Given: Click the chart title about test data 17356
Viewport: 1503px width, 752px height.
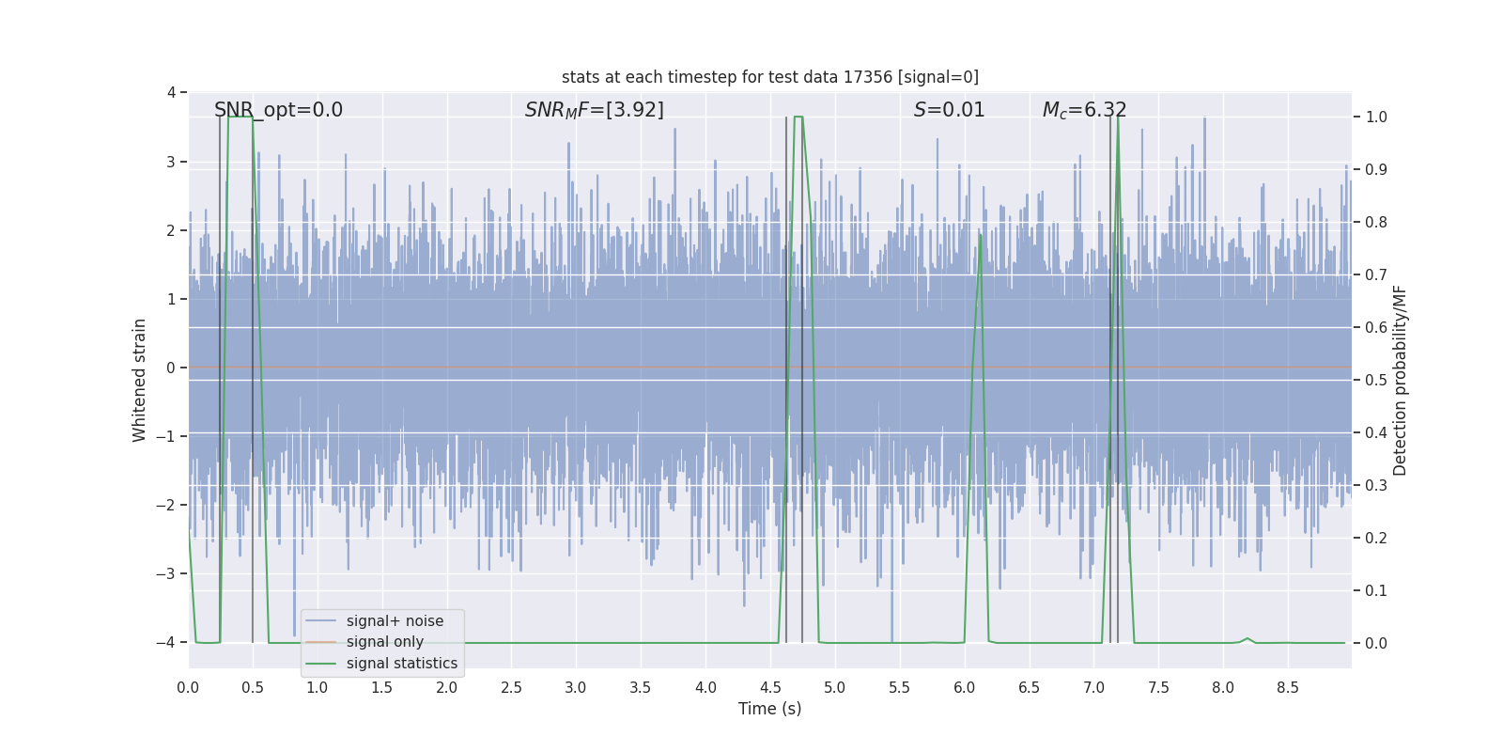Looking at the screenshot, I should pos(769,77).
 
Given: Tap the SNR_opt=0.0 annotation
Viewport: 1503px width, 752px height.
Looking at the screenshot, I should pos(278,110).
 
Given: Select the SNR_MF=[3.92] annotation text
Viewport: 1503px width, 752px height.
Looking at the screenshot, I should pos(594,110).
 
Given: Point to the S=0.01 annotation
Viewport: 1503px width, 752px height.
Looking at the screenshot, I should pos(949,110).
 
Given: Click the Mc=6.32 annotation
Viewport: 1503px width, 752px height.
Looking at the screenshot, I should pos(1084,110).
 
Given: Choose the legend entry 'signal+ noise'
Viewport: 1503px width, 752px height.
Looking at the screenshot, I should pos(395,621).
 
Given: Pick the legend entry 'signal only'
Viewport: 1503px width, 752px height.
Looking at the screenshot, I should pos(384,642).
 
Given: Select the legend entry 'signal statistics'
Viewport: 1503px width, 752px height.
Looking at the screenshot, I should pos(401,664).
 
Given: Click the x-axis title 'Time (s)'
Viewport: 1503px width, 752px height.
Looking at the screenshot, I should pos(769,709).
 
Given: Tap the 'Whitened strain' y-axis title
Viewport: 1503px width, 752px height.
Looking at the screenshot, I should pos(140,380).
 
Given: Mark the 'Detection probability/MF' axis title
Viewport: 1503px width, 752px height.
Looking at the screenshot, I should pos(1400,380).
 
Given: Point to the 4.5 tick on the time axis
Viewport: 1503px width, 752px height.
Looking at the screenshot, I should pos(770,687).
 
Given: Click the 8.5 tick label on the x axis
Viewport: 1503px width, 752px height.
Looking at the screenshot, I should pos(1287,687).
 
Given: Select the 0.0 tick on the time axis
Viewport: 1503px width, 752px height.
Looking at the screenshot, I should pos(188,687).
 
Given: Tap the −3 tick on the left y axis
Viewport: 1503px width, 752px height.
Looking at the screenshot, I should pos(169,573).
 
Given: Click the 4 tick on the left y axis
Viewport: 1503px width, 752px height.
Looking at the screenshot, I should pos(171,92).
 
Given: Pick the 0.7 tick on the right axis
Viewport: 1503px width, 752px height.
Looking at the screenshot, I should pos(1376,274).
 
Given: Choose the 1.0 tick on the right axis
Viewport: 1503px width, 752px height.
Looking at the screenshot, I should pos(1376,117).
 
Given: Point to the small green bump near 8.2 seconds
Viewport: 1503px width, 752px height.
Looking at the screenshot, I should pos(1247,638).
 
